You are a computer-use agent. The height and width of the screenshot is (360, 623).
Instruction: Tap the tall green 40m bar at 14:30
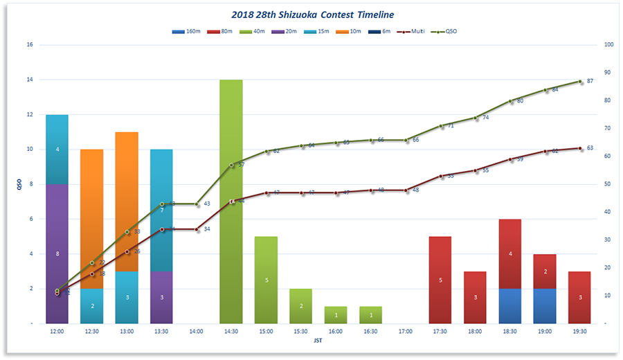[231, 201]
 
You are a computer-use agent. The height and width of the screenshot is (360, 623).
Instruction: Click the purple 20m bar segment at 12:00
[57, 253]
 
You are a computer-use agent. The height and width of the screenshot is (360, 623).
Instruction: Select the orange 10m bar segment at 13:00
[127, 201]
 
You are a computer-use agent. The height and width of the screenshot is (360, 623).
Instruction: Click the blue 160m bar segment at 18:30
[510, 306]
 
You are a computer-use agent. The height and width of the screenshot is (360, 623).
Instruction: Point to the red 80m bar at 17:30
[440, 280]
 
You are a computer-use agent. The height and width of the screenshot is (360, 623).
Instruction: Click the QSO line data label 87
[590, 81]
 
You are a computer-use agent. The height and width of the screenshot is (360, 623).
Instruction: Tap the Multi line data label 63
[590, 148]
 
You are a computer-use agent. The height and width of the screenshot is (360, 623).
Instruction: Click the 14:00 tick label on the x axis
[196, 332]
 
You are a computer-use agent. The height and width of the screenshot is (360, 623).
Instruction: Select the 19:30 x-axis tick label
[579, 332]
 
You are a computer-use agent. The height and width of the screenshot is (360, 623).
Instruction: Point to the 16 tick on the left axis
[29, 45]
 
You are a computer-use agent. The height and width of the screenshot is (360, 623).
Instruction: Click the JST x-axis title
[318, 341]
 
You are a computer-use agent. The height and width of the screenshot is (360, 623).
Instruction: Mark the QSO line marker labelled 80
[510, 101]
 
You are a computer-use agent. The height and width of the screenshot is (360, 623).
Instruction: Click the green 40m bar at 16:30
[370, 315]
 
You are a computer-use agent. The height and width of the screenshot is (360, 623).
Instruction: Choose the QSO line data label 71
[450, 126]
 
